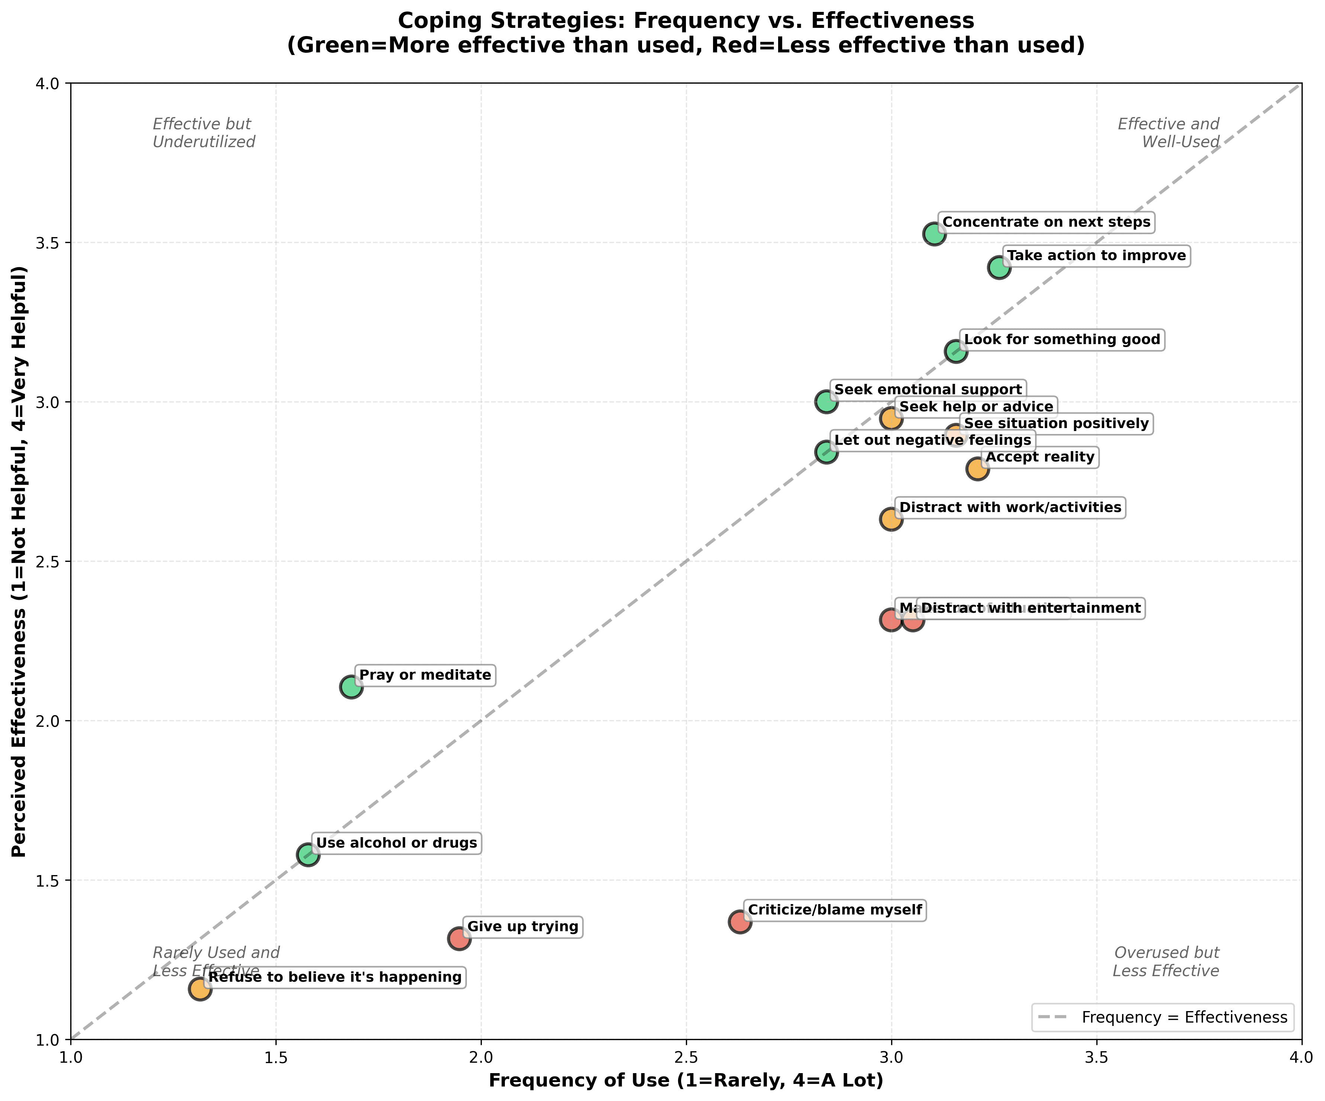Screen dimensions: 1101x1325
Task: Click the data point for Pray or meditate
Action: coord(351,687)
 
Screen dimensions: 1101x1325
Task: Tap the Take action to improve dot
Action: coord(999,268)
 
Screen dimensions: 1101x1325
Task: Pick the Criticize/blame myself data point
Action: coord(740,922)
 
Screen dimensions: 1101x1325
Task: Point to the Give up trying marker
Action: coord(460,938)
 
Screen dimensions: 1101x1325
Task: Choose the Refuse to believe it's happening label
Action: coord(335,977)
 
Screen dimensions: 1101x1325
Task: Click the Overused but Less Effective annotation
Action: coord(1166,962)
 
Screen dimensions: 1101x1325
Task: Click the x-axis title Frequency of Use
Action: coord(686,1081)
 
